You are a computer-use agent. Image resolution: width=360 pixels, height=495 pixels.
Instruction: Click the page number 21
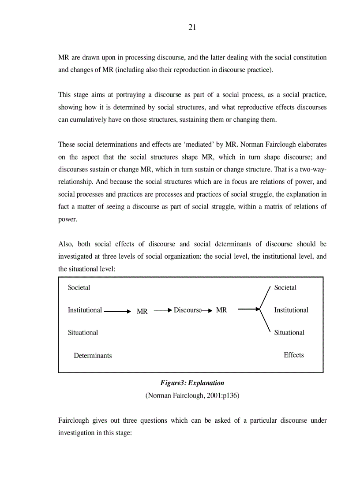192,27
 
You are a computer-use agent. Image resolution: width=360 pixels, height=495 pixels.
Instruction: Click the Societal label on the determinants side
79,287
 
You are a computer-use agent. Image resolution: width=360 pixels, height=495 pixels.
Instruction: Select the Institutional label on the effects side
291,310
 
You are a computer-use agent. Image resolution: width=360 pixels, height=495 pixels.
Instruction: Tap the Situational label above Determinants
82,332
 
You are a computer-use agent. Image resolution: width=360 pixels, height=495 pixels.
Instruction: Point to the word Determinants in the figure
93,355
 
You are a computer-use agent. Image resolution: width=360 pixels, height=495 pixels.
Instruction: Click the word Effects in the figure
293,355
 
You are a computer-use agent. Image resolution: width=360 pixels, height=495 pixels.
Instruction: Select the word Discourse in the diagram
187,310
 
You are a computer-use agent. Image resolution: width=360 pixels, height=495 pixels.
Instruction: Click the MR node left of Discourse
142,311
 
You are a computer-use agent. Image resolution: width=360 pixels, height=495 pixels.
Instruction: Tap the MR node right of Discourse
221,310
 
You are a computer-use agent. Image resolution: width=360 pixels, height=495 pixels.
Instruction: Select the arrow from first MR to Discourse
163,310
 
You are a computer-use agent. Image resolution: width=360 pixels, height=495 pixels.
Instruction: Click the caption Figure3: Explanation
192,383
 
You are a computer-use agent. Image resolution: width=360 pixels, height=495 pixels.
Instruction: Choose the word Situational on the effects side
289,332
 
